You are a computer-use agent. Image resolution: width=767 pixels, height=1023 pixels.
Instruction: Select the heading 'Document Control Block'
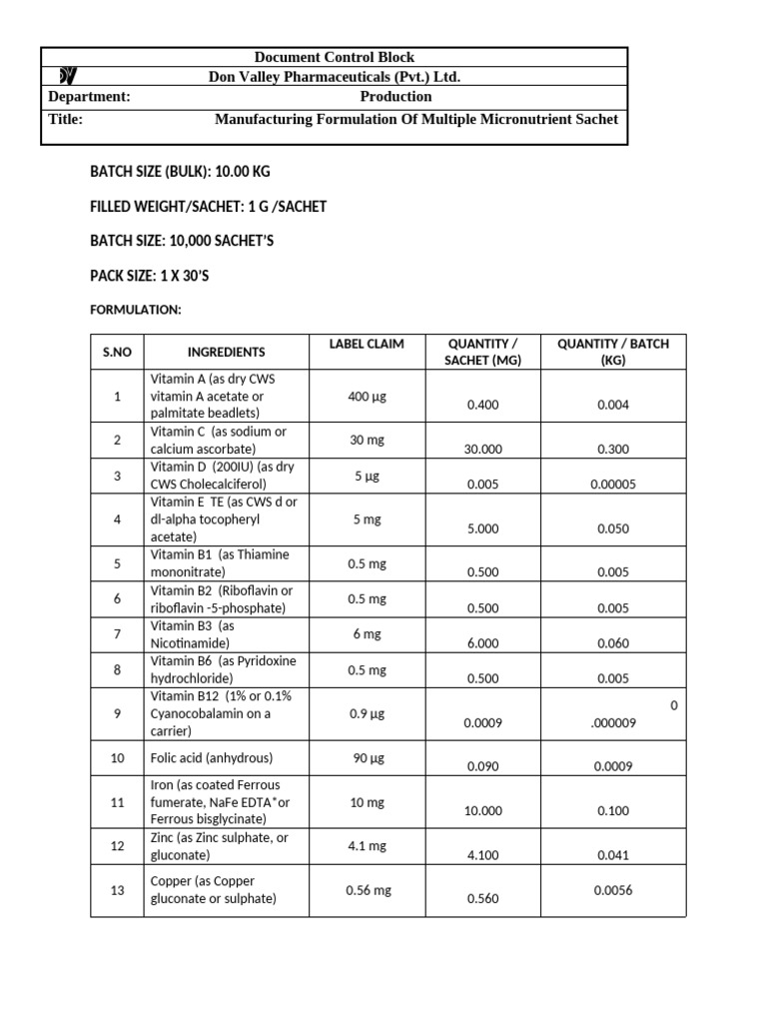click(334, 57)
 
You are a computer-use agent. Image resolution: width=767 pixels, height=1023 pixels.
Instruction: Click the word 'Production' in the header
click(395, 97)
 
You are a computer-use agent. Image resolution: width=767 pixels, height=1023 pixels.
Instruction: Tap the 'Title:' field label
click(66, 119)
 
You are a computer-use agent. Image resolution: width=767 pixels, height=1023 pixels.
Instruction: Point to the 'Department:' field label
click(89, 97)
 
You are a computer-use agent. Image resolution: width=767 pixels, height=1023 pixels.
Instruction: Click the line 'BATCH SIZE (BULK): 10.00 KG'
click(180, 172)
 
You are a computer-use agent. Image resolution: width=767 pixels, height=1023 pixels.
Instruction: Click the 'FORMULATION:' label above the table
click(136, 311)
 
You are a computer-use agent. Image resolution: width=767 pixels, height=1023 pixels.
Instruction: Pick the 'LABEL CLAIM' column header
click(367, 344)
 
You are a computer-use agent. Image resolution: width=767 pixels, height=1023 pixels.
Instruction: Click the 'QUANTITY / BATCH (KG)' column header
click(613, 352)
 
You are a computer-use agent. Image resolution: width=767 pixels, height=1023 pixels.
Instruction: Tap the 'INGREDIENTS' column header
click(226, 352)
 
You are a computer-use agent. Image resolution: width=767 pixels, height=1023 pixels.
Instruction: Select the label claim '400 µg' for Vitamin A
click(367, 397)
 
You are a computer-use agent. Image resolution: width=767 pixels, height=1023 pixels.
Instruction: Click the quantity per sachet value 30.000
click(483, 450)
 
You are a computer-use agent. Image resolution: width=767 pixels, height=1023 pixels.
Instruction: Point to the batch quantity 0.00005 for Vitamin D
click(613, 484)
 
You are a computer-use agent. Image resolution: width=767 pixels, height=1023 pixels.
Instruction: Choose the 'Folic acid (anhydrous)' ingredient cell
click(211, 758)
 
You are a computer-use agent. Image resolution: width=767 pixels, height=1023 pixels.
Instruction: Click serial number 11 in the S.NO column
click(117, 801)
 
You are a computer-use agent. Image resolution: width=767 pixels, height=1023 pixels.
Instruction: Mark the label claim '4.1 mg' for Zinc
click(367, 846)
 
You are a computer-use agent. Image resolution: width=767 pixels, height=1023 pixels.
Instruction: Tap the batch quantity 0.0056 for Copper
click(613, 890)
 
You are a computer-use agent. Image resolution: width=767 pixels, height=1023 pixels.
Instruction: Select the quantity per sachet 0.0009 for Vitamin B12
click(483, 723)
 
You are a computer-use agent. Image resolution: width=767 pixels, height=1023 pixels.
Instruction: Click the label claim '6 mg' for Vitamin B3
click(367, 634)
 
